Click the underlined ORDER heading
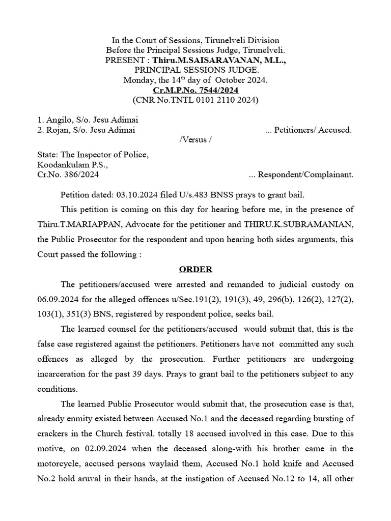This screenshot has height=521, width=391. pos(195,269)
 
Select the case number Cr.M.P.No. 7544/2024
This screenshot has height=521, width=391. pos(195,90)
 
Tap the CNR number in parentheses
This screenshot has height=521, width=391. pos(195,100)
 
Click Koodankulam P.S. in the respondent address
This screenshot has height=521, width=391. pos(73,165)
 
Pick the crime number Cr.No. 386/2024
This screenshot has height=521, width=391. pos(68,175)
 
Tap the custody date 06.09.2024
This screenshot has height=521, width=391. pos(59,300)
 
